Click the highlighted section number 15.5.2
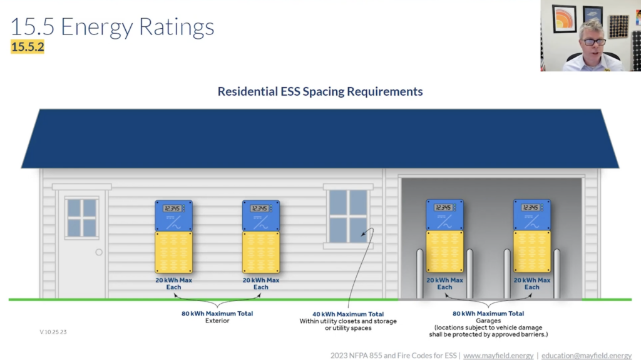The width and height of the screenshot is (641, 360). pyautogui.click(x=28, y=46)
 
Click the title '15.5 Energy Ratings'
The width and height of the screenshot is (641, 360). pyautogui.click(x=112, y=26)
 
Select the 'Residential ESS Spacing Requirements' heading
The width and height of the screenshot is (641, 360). pyautogui.click(x=320, y=91)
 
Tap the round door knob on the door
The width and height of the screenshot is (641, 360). pyautogui.click(x=99, y=252)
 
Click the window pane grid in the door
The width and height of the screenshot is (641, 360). pyautogui.click(x=82, y=218)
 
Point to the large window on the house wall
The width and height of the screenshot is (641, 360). pyautogui.click(x=348, y=216)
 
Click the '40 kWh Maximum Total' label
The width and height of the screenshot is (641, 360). pyautogui.click(x=348, y=314)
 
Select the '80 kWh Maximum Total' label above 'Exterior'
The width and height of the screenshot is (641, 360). pyautogui.click(x=217, y=314)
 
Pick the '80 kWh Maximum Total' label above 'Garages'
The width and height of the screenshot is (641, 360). pyautogui.click(x=488, y=314)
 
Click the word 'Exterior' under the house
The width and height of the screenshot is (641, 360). pyautogui.click(x=217, y=321)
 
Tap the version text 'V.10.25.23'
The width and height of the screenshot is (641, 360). pyautogui.click(x=53, y=332)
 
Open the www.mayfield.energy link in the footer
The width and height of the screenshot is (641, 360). pyautogui.click(x=498, y=356)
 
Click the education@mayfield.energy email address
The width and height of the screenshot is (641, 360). pyautogui.click(x=586, y=356)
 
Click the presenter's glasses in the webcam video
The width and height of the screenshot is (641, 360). pyautogui.click(x=595, y=42)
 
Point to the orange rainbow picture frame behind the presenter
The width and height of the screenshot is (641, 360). pyautogui.click(x=565, y=18)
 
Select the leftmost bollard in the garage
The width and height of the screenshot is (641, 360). pyautogui.click(x=420, y=273)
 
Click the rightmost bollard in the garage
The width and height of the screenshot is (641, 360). pyautogui.click(x=556, y=273)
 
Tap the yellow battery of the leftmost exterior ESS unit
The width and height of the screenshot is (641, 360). pyautogui.click(x=174, y=252)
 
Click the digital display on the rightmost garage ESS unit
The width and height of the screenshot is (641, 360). pyautogui.click(x=531, y=207)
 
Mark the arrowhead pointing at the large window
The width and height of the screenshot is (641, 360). pyautogui.click(x=364, y=234)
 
